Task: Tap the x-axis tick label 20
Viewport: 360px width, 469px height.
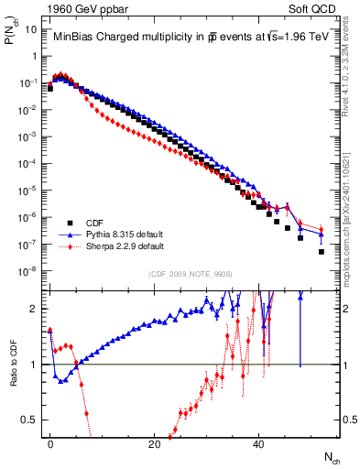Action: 154,443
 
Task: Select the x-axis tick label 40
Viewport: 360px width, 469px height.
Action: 258,443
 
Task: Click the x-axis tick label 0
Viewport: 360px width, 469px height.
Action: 49,443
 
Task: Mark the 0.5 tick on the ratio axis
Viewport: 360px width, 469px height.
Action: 29,420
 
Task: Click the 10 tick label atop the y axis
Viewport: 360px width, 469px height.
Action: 30,29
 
